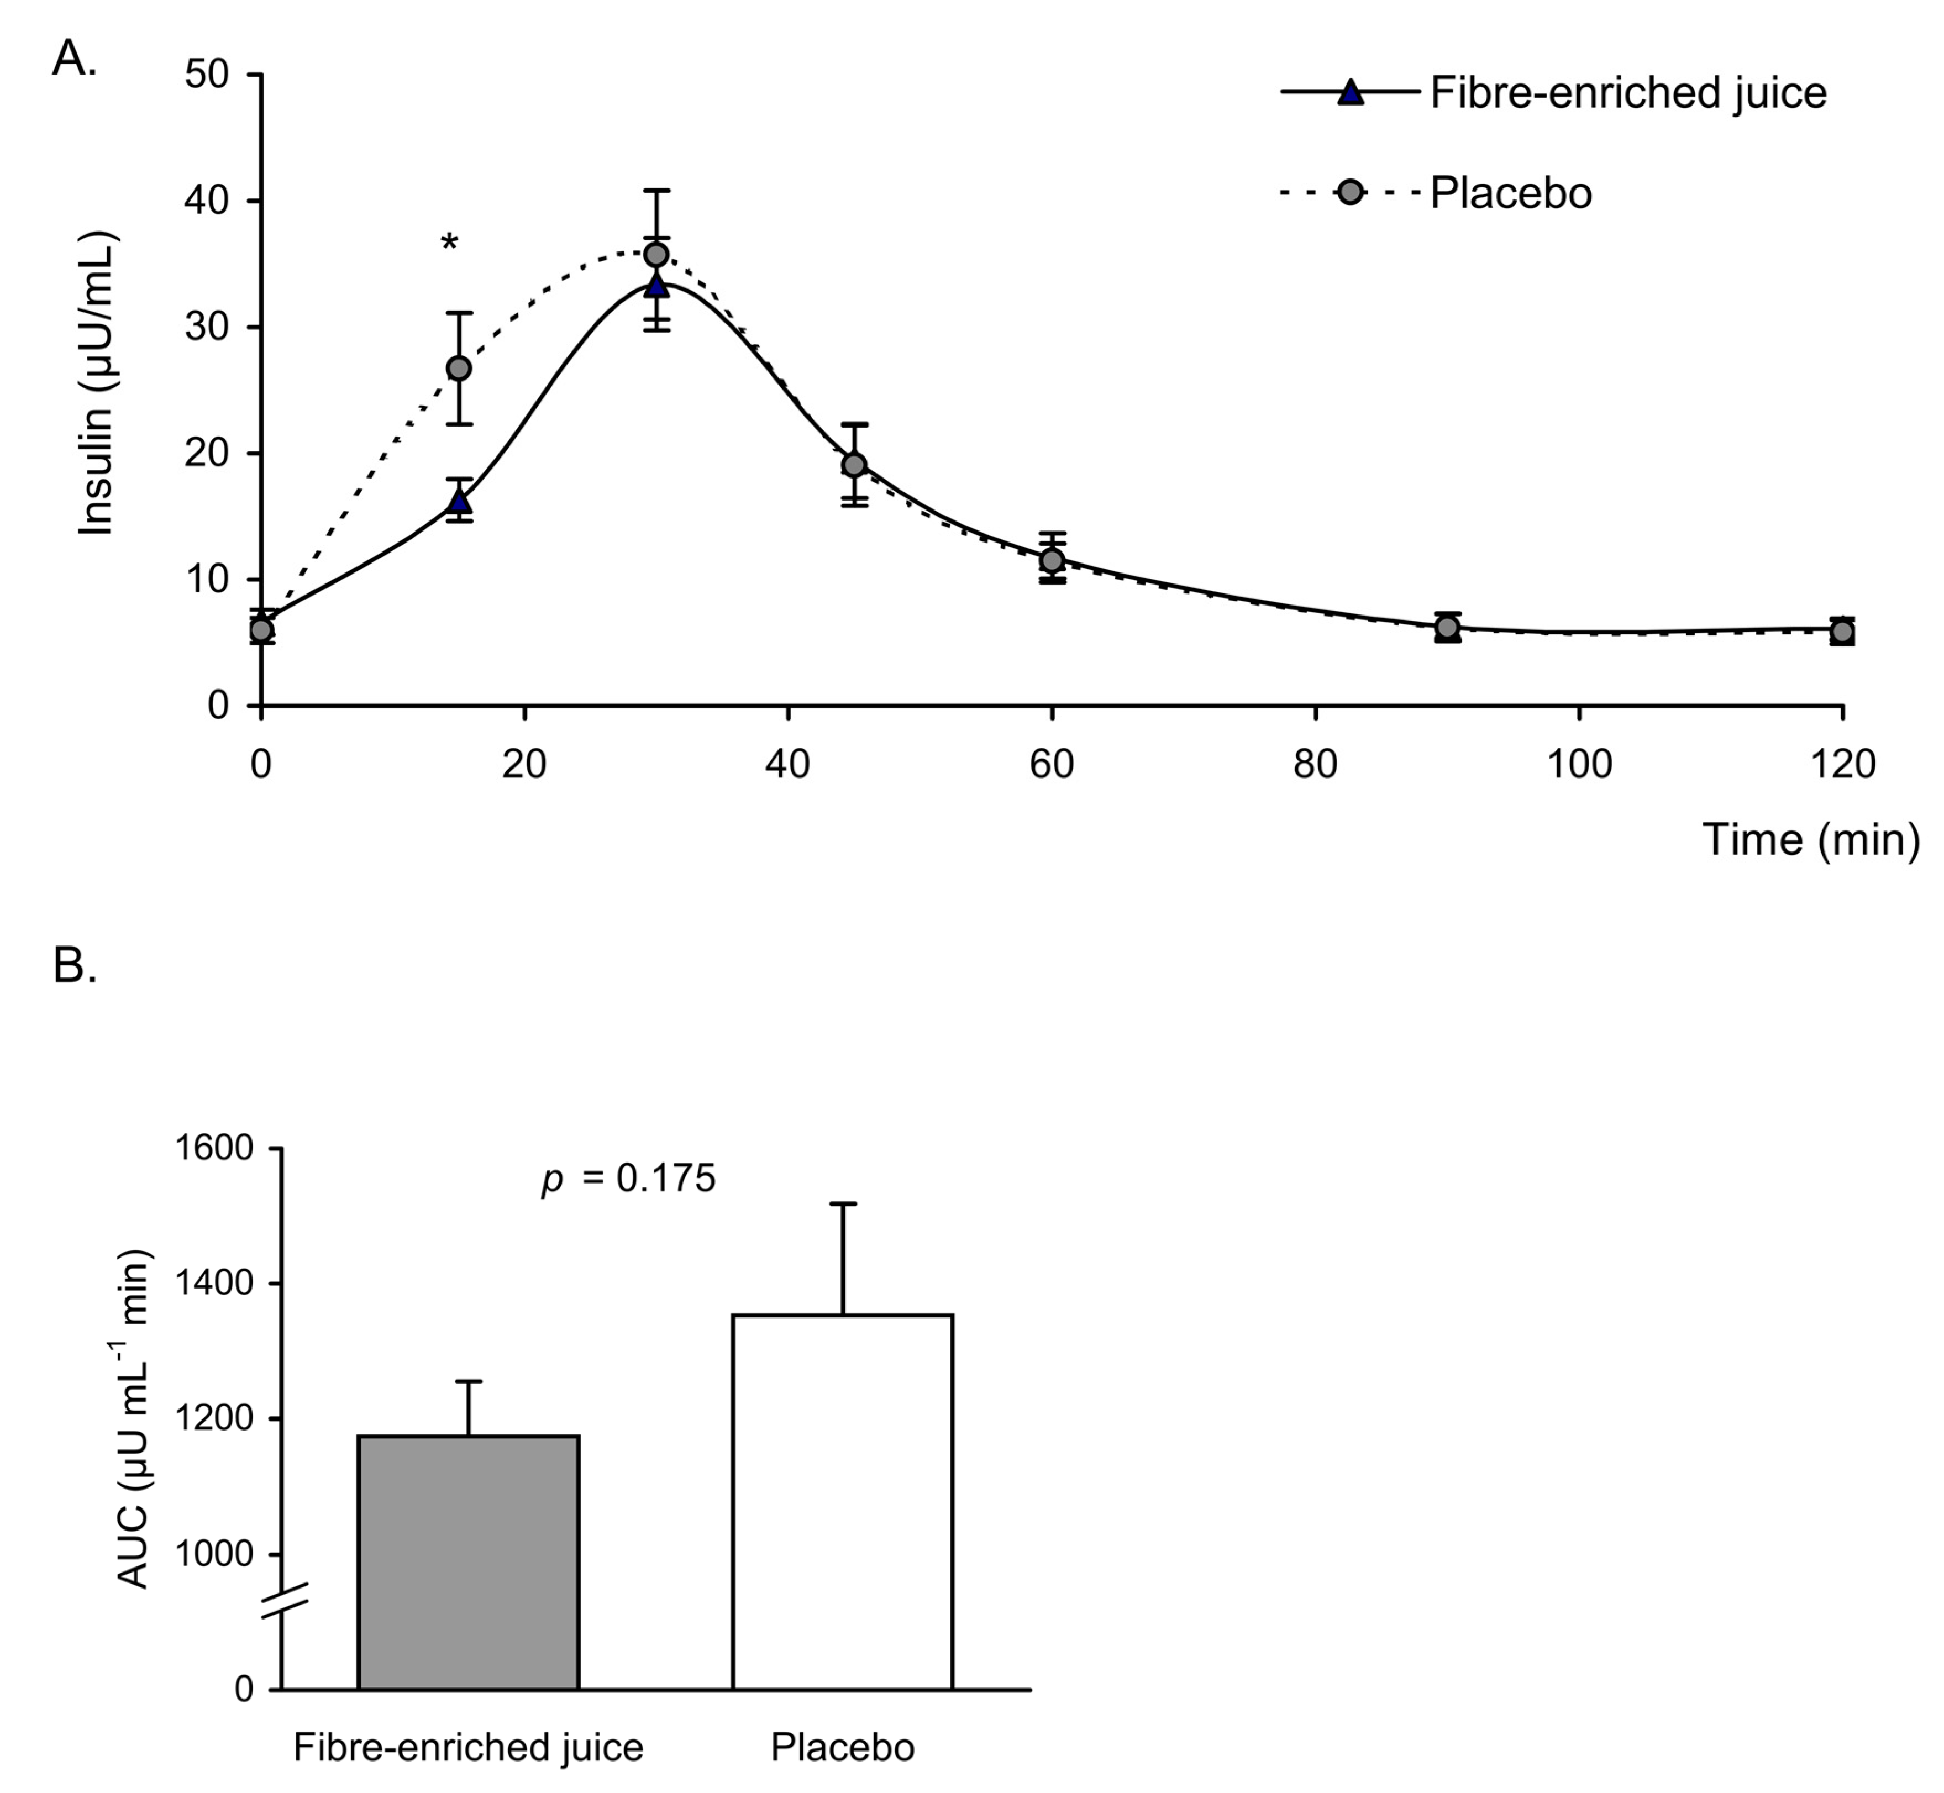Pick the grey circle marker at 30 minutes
[656, 254]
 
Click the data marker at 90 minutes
[1447, 628]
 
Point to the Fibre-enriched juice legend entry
[1627, 94]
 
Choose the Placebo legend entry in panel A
[1510, 193]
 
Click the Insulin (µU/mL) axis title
[97, 383]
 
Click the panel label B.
[75, 966]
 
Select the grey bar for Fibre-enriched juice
[469, 1562]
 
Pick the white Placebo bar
[842, 1504]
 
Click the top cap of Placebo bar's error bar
[842, 1204]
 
